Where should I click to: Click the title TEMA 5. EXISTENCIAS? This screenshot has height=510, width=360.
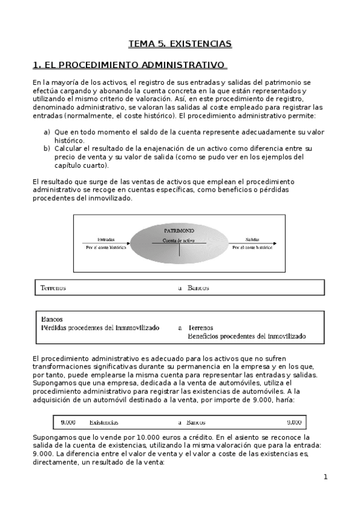tap(180, 44)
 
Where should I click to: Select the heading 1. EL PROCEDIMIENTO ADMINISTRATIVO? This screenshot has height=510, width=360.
tap(129, 64)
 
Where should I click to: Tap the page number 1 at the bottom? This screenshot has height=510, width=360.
tap(325, 478)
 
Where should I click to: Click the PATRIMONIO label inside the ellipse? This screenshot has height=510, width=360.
tap(179, 230)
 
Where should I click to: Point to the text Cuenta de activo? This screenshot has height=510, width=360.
tap(179, 240)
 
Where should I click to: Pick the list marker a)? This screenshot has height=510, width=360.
tap(46, 132)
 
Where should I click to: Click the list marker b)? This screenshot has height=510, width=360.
tap(46, 148)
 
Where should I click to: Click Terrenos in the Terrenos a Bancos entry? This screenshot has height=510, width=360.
tap(53, 288)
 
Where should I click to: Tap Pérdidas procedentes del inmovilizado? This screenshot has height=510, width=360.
tap(100, 328)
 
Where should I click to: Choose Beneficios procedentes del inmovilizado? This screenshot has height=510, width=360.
tap(246, 336)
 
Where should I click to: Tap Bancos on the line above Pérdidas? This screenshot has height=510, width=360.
tap(52, 319)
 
